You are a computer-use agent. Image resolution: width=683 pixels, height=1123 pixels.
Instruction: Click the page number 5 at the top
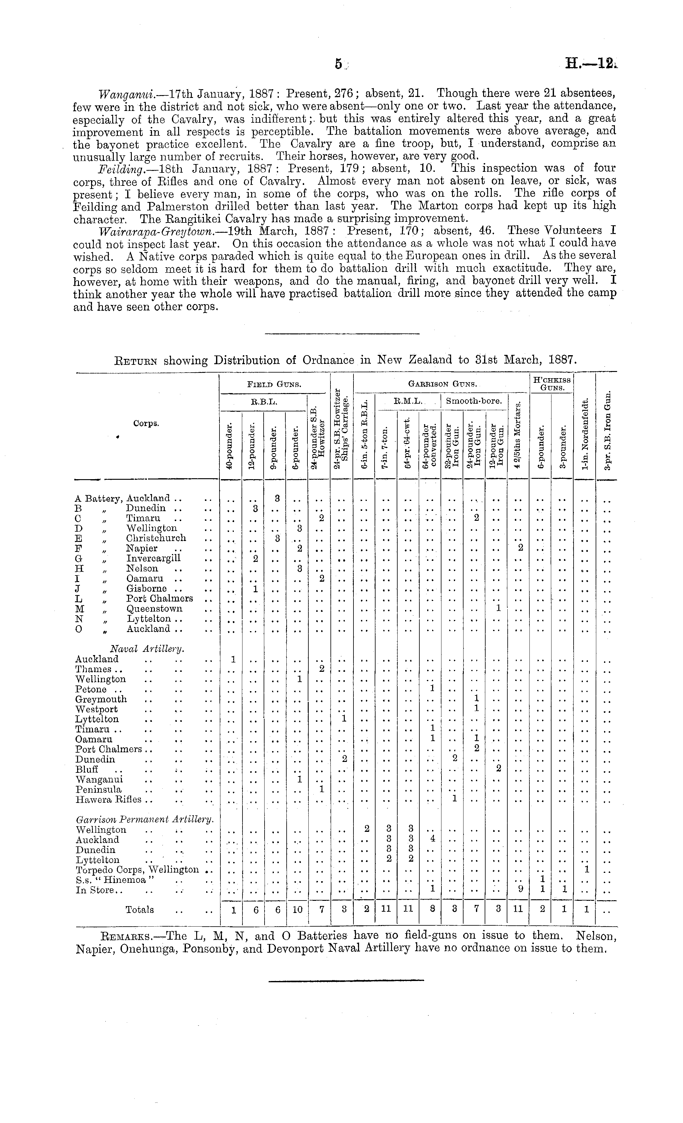[x=338, y=65]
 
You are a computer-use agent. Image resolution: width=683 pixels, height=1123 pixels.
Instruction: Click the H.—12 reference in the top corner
[x=590, y=65]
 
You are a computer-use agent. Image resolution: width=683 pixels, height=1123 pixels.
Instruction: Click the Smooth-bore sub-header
[x=474, y=401]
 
